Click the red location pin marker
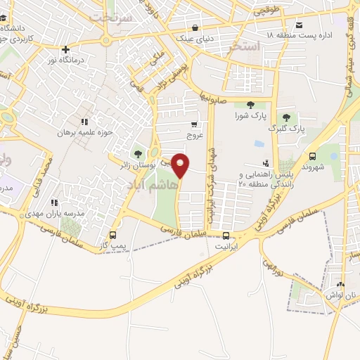(181, 165)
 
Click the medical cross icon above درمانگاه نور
(65, 50)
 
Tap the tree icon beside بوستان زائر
(137, 153)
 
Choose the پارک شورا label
(250, 115)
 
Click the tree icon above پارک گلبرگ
(285, 118)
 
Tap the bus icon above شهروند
(312, 156)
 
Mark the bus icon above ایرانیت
(226, 236)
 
